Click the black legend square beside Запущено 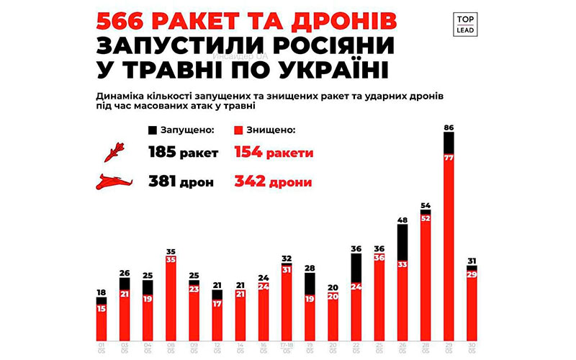pyautogui.click(x=152, y=130)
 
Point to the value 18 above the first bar pyautogui.click(x=102, y=292)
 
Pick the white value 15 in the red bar pyautogui.click(x=102, y=309)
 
